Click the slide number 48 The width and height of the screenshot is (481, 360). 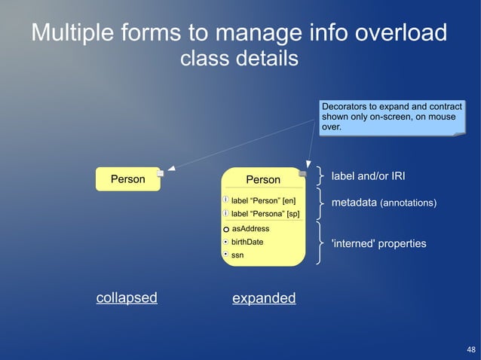(x=471, y=349)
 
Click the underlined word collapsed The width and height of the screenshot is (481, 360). (x=127, y=297)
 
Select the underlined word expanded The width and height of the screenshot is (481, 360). (x=264, y=298)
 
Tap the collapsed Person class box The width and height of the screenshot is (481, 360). (x=127, y=179)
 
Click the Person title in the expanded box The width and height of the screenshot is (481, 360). (x=263, y=180)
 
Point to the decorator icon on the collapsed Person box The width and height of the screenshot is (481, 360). (x=161, y=173)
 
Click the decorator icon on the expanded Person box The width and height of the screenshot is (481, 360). (x=302, y=173)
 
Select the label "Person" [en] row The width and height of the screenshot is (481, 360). (x=263, y=201)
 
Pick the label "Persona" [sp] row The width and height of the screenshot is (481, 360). (x=265, y=214)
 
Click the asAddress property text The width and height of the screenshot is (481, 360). (x=250, y=228)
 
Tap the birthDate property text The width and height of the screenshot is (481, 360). (x=247, y=242)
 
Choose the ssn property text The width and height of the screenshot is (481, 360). (x=237, y=255)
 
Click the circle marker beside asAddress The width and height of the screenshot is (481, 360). (x=226, y=229)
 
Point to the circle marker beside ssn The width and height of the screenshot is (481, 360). (x=226, y=255)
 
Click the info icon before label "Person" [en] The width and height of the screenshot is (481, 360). (x=226, y=201)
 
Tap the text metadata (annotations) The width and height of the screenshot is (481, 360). (x=384, y=203)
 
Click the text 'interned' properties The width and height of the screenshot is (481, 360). (x=379, y=244)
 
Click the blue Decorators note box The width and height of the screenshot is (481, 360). (x=391, y=117)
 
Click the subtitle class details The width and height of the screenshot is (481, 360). (x=240, y=58)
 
